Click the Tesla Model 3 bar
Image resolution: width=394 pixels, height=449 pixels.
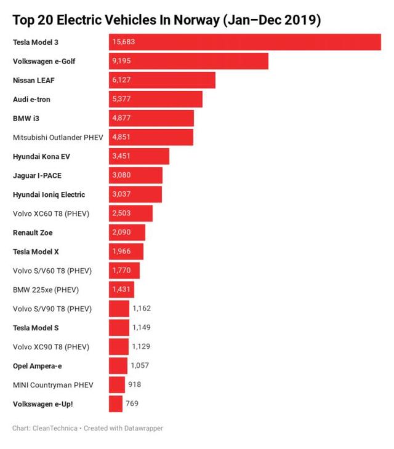pyautogui.click(x=246, y=42)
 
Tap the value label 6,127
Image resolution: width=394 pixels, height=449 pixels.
pyautogui.click(x=121, y=80)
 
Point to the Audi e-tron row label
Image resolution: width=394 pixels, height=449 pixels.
pyautogui.click(x=31, y=99)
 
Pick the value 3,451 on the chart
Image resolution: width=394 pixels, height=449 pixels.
pyautogui.click(x=121, y=156)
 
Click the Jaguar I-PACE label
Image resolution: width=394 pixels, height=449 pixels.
pyautogui.click(x=36, y=175)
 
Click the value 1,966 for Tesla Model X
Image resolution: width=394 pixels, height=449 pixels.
pyautogui.click(x=121, y=252)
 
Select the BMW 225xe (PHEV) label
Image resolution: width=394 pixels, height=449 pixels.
pyautogui.click(x=46, y=290)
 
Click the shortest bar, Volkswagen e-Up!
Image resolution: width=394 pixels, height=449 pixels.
pyautogui.click(x=115, y=404)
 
